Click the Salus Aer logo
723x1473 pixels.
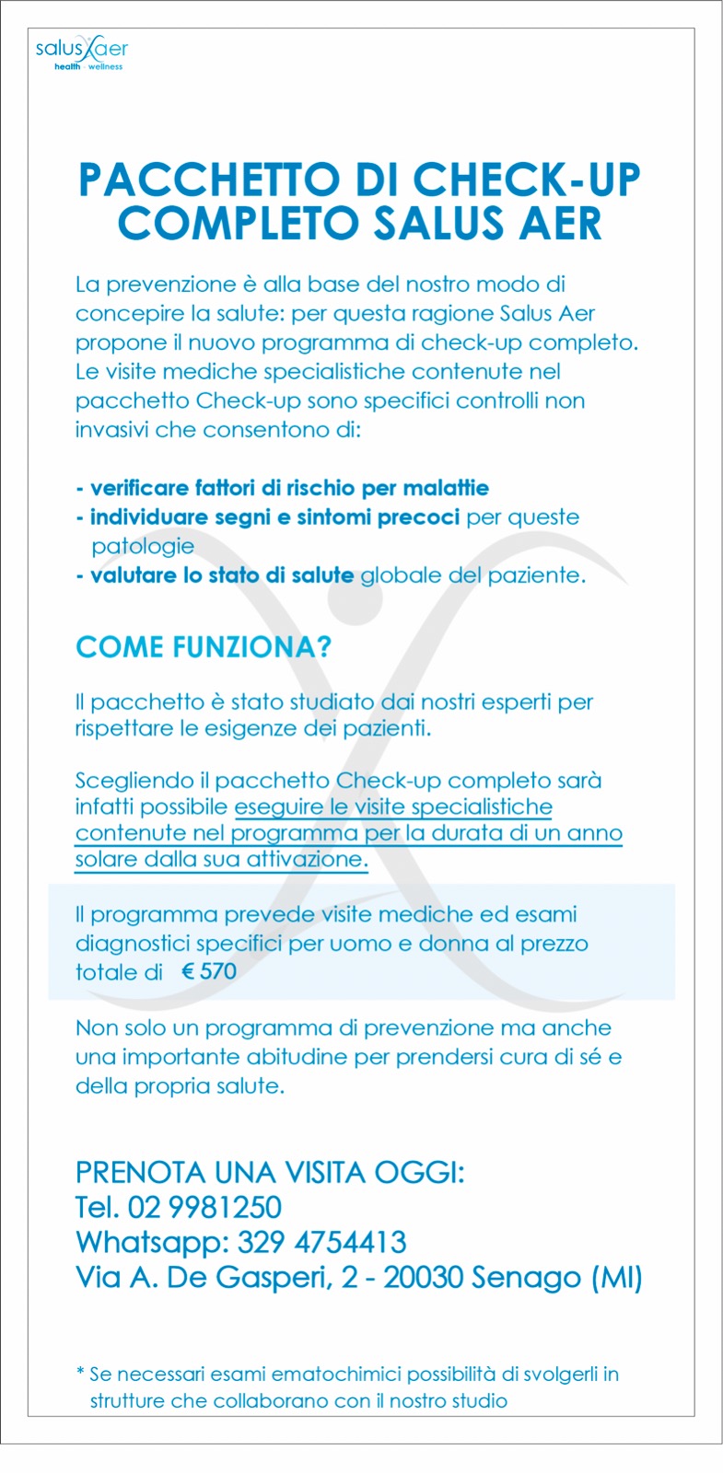click(81, 52)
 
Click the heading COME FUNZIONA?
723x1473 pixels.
click(203, 647)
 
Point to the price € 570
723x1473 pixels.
click(209, 971)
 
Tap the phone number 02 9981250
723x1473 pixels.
click(204, 1207)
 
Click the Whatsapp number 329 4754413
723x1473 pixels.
click(321, 1242)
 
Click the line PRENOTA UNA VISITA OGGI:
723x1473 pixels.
click(270, 1173)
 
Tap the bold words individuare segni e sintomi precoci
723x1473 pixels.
click(274, 517)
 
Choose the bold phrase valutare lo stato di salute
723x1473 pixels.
click(222, 575)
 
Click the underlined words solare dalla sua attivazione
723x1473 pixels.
click(221, 860)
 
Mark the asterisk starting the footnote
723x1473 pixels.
click(80, 1374)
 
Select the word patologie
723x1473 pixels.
click(143, 546)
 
